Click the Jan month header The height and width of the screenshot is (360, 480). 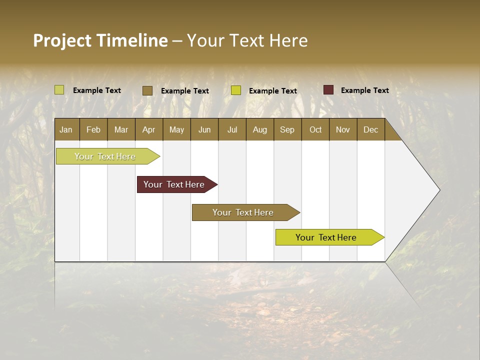[x=66, y=129]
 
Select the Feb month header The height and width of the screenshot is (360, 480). [x=93, y=129]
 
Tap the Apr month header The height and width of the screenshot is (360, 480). [x=148, y=129]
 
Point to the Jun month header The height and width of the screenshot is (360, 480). [x=204, y=129]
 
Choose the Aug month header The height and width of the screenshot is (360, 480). [x=259, y=129]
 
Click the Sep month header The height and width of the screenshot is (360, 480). [x=287, y=129]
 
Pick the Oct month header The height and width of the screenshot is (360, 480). [x=315, y=129]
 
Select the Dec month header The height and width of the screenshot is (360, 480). [x=370, y=129]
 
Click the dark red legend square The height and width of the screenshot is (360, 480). [x=328, y=90]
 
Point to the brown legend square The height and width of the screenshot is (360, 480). [x=147, y=90]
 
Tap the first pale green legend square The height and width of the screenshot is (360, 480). [x=59, y=90]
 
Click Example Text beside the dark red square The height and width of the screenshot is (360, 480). [x=364, y=90]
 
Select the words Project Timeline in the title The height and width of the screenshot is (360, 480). [x=100, y=40]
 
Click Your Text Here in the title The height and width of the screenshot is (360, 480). [x=247, y=40]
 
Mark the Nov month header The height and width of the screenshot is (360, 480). [x=342, y=129]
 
